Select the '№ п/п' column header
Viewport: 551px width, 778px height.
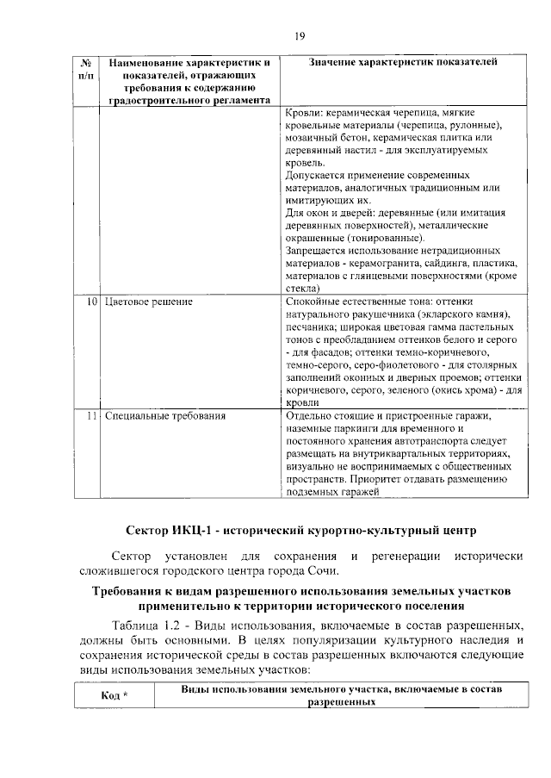(86, 70)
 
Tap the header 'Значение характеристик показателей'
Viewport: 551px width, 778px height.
(401, 63)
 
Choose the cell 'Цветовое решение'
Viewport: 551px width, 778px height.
(148, 302)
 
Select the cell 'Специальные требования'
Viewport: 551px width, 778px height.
(165, 416)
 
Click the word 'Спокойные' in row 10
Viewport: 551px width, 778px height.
(312, 302)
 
